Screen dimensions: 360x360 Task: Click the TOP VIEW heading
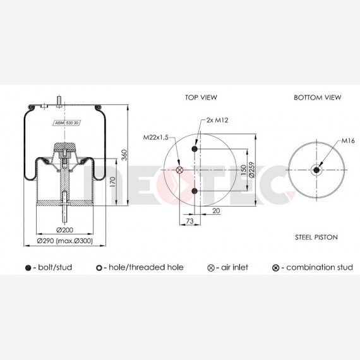201,97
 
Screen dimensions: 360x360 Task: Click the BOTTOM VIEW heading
318,97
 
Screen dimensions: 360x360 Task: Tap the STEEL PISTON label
316,237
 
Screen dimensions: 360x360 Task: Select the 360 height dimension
124,155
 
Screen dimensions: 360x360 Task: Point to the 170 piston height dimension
112,181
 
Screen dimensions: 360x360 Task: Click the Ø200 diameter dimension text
65,230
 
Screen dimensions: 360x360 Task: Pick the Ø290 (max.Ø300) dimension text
65,241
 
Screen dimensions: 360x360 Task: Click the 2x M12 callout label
217,120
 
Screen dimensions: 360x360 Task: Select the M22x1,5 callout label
155,137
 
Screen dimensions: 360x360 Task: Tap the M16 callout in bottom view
348,140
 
